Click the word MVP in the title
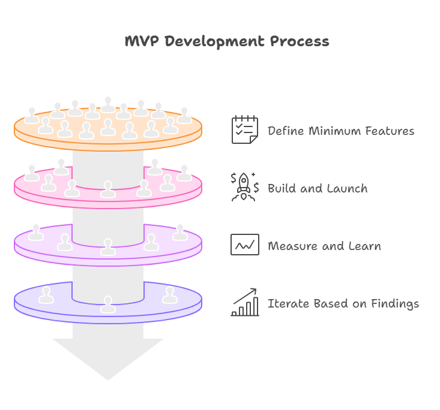click(142, 41)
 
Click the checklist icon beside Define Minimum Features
click(244, 130)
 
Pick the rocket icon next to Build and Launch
click(244, 187)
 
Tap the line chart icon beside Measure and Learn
click(245, 245)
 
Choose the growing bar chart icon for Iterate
click(245, 302)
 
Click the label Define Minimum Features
click(340, 131)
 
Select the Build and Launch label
click(317, 188)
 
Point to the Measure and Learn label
click(324, 246)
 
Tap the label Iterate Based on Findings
click(343, 303)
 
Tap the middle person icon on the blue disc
click(108, 304)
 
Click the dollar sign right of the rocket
click(256, 188)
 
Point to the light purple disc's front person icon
click(108, 246)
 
